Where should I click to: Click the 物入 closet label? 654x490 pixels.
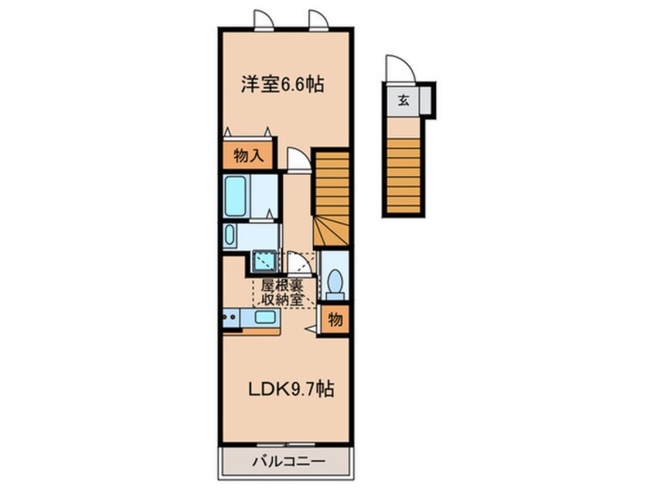pos(248,156)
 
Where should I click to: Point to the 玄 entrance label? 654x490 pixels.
pos(404,100)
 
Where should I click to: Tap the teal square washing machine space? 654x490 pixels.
pos(264,263)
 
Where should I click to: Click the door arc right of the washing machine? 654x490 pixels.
pos(297,263)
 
